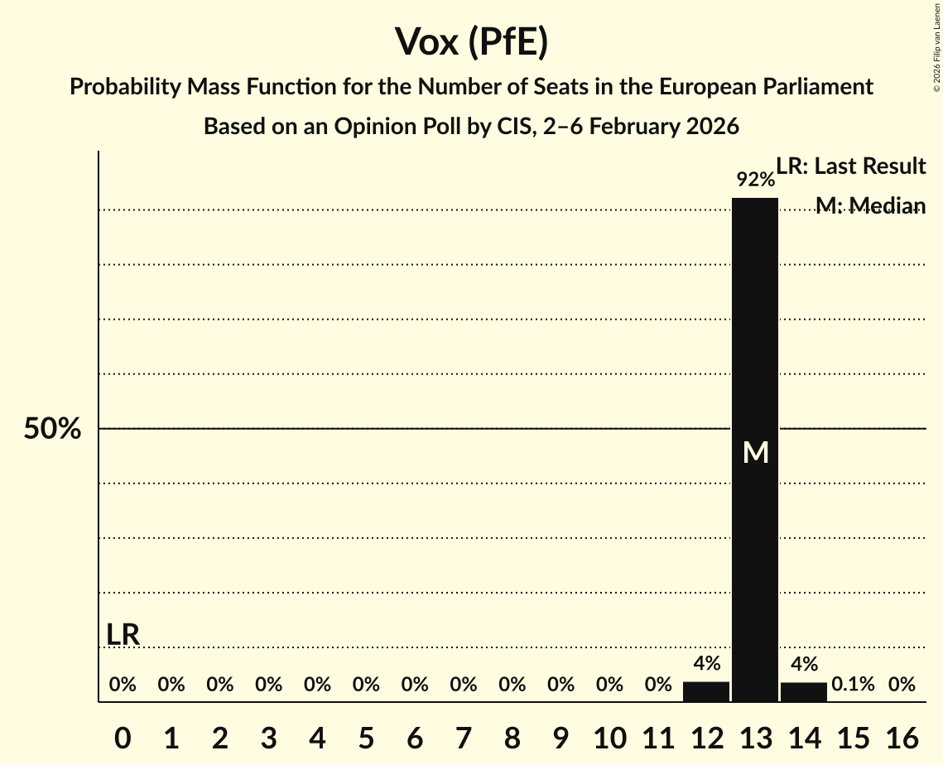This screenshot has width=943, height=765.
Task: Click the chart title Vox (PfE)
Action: [x=471, y=41]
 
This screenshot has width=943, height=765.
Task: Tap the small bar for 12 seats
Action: [x=706, y=691]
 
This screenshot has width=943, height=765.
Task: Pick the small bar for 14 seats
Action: [x=804, y=692]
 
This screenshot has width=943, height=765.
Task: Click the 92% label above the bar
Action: [x=755, y=179]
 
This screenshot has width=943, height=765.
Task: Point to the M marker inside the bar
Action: [x=755, y=452]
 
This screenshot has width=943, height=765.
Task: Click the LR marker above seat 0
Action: [x=123, y=635]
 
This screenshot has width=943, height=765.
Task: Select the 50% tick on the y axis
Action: [x=52, y=429]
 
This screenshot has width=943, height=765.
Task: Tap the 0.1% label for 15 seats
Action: [x=853, y=684]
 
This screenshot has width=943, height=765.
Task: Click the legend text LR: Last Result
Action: [x=850, y=166]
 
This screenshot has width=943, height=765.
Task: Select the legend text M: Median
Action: [x=870, y=205]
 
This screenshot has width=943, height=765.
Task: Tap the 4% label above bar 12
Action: [x=706, y=663]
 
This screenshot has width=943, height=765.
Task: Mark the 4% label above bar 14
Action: [x=804, y=664]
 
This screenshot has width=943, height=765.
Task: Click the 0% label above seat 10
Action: [x=609, y=684]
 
